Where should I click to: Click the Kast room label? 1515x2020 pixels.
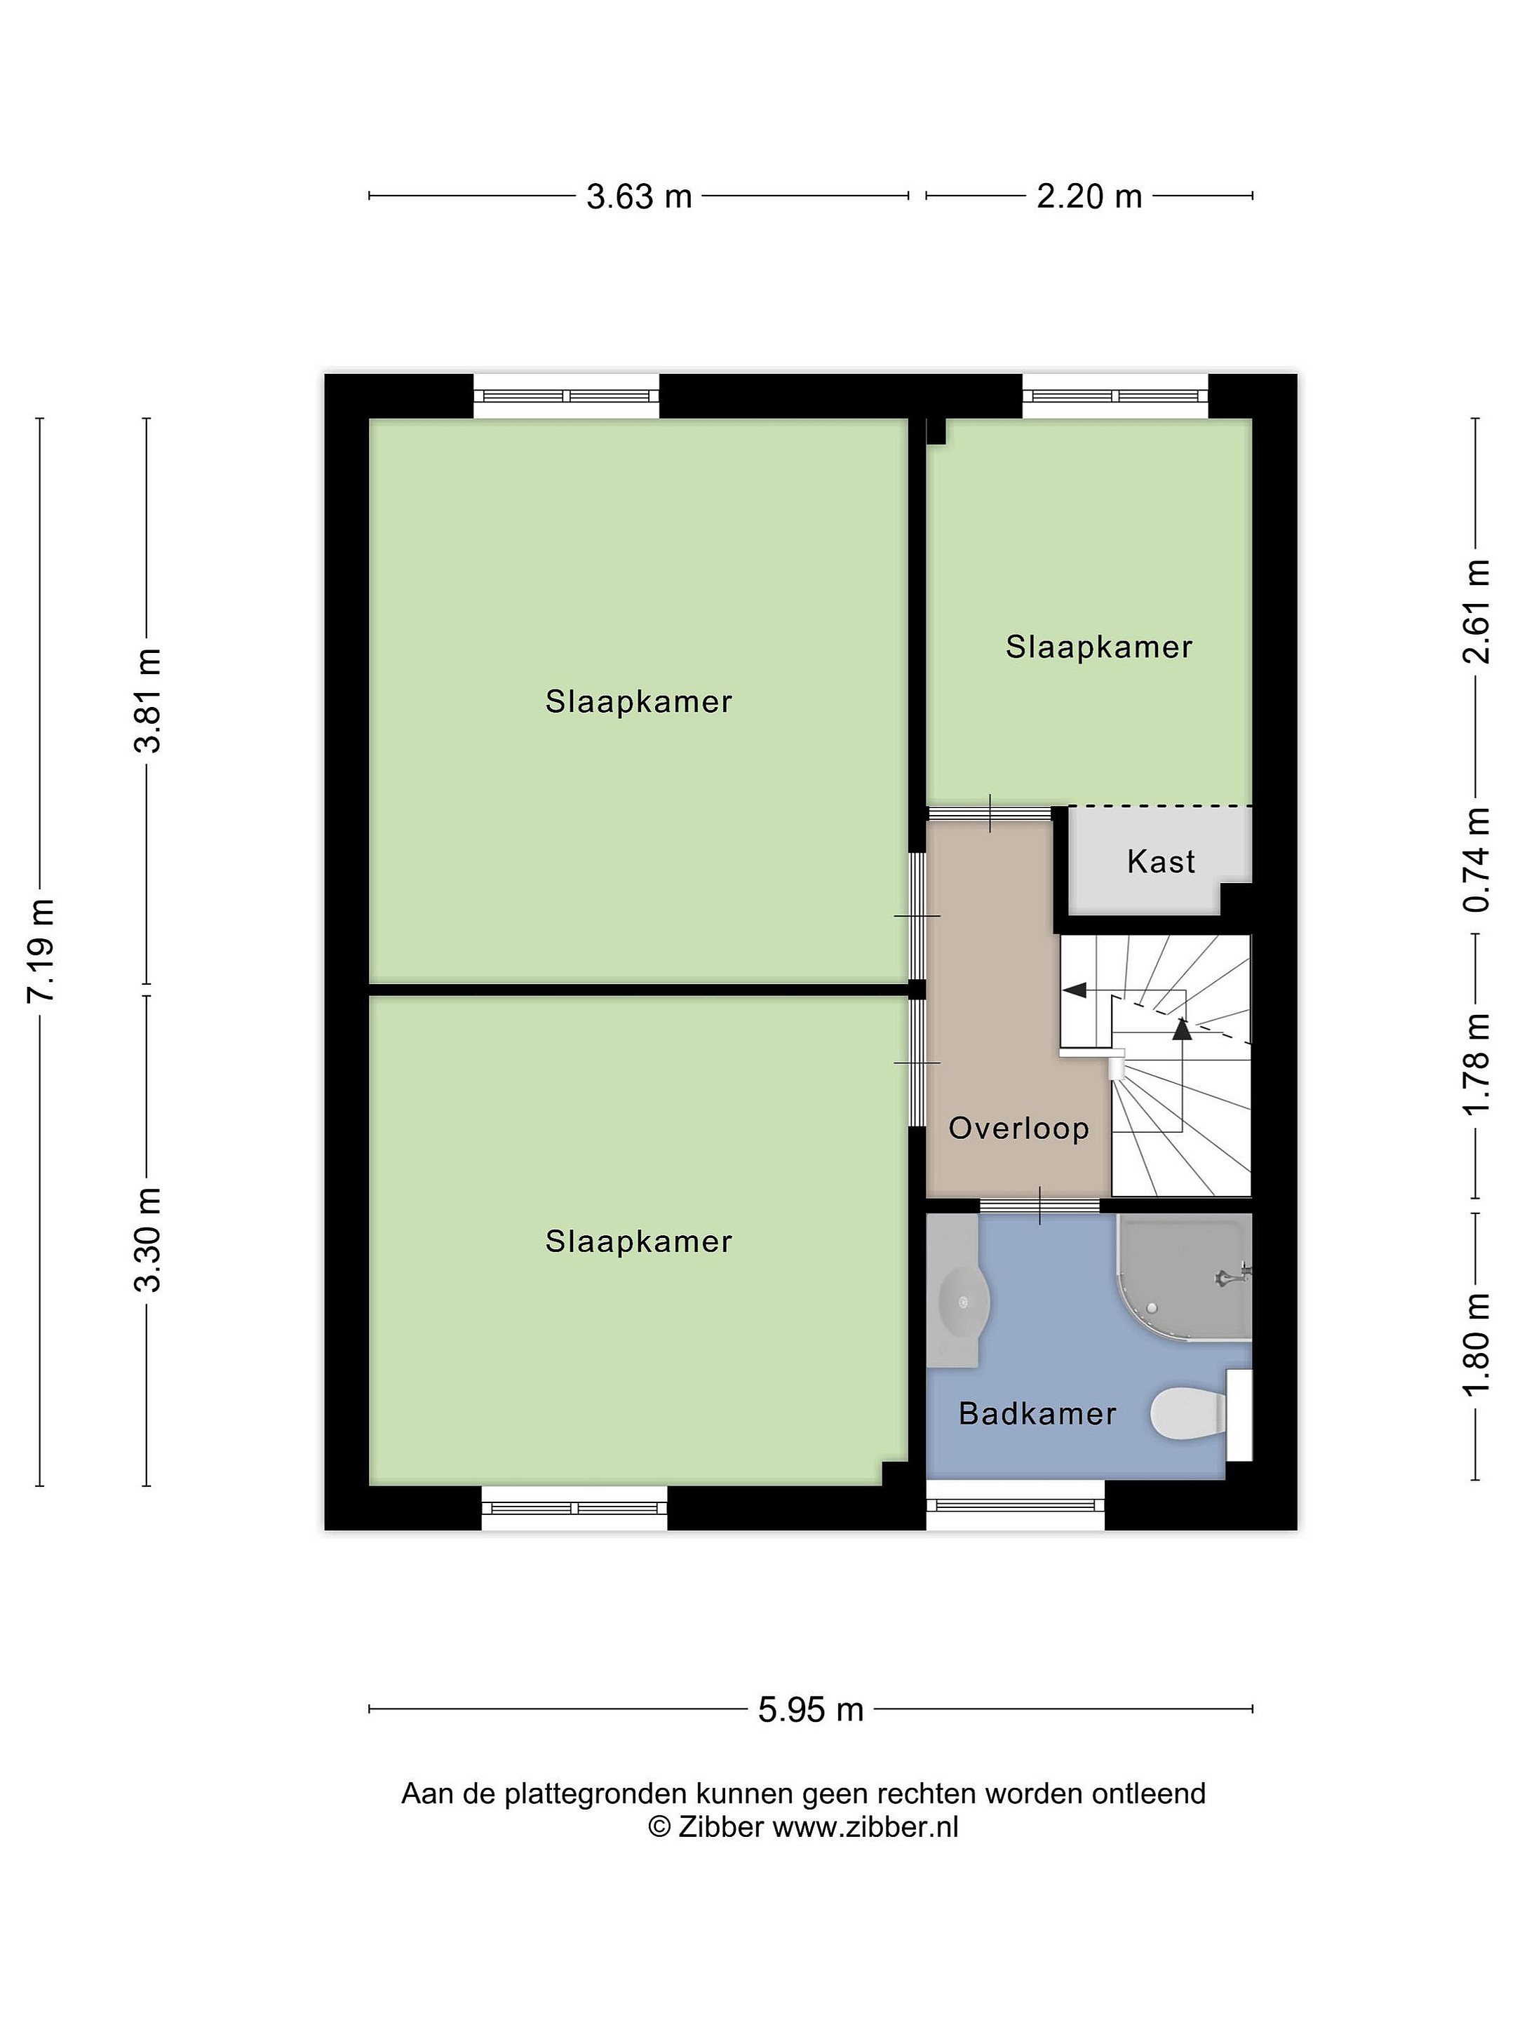point(1160,861)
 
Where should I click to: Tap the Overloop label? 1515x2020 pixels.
point(1019,1128)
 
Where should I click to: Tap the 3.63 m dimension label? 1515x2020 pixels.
point(638,196)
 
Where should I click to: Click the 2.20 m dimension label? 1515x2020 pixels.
point(1089,196)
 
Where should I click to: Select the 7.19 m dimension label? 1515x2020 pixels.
point(42,950)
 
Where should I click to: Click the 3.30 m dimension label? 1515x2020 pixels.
point(148,1240)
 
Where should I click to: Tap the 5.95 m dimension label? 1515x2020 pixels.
point(810,1709)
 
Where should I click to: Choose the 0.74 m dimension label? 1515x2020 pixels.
point(1476,860)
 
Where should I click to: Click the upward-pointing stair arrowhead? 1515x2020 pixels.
point(1183,1028)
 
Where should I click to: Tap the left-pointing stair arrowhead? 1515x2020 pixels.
point(1073,989)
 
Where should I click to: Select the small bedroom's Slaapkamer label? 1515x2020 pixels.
point(1098,647)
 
